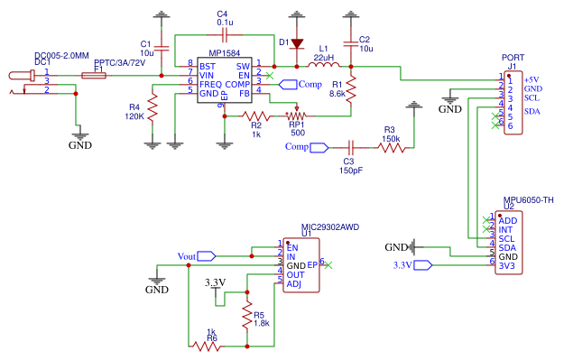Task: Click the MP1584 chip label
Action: click(x=223, y=53)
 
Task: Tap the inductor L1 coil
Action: click(x=322, y=66)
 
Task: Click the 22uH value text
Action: click(x=324, y=56)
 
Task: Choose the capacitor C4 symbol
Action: click(x=223, y=33)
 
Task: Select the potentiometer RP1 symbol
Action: click(x=296, y=115)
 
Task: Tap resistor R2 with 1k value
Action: click(x=256, y=115)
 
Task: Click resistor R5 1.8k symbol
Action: click(x=246, y=316)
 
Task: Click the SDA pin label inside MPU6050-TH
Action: click(x=507, y=247)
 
